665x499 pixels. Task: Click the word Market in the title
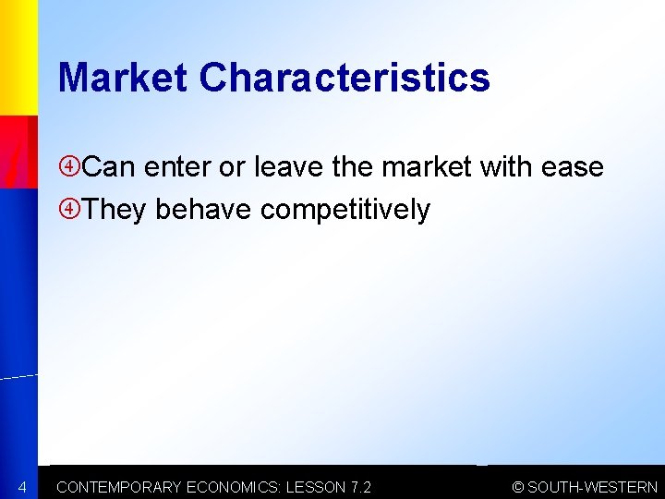click(124, 78)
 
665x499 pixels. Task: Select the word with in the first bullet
click(504, 168)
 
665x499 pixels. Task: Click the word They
click(115, 211)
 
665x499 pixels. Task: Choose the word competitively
click(345, 211)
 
